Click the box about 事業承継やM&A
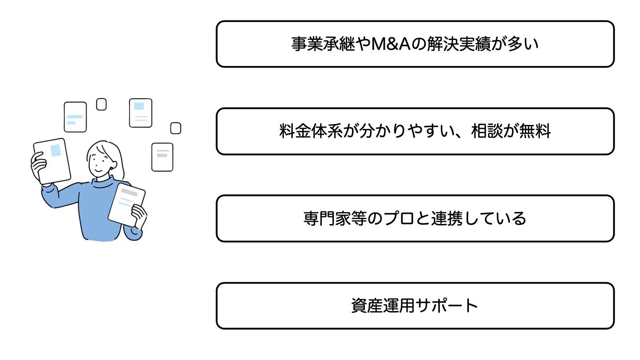pos(415,44)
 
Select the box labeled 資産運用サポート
pos(415,306)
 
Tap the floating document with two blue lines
pos(75,117)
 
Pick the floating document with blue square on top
pos(140,113)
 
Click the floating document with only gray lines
pos(162,156)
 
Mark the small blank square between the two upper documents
pos(101,104)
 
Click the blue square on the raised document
pos(56,150)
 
